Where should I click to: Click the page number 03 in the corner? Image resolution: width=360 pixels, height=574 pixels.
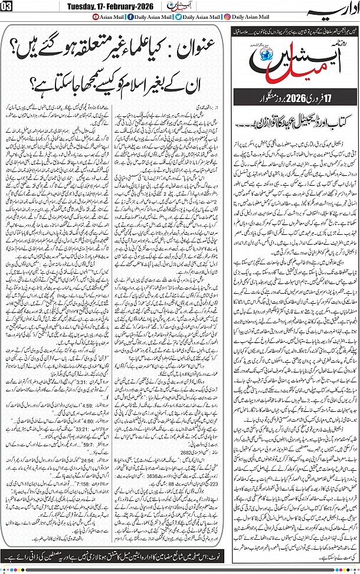[6, 7]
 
